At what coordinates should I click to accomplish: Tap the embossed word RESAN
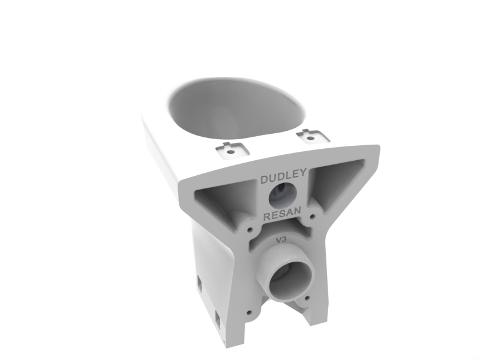282,214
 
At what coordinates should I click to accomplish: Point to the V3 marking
281,240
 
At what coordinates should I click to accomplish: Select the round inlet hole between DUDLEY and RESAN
283,196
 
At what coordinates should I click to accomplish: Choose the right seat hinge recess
312,137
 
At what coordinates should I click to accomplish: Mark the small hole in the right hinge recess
311,139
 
